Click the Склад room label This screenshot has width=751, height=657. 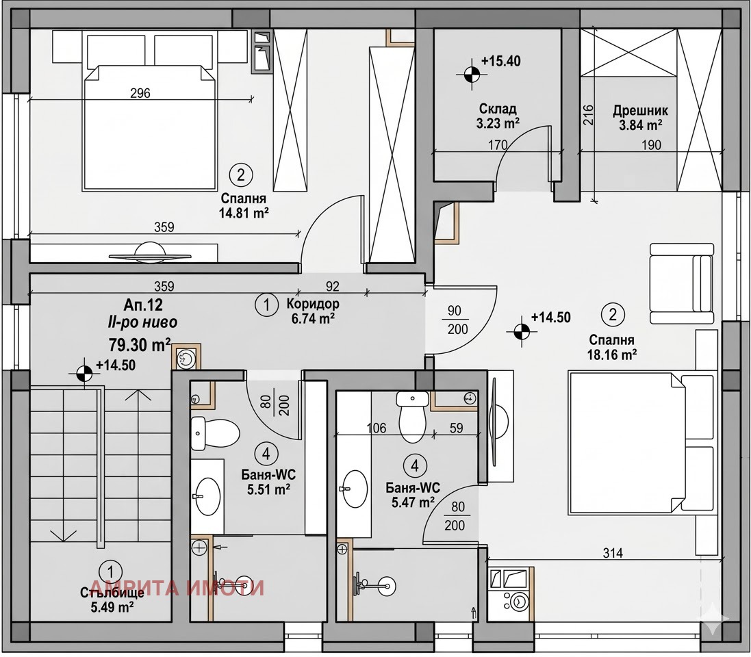498,109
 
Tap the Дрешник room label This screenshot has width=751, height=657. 640,111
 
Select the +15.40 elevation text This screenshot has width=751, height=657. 501,62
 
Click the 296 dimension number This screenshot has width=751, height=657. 140,93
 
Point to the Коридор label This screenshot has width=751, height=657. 313,304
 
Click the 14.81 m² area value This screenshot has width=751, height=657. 244,213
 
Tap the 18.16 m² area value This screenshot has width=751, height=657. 611,355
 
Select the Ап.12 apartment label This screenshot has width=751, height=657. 143,305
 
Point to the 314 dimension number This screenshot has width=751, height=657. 613,553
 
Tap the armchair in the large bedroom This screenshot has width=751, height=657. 682,283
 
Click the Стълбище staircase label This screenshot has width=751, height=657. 112,594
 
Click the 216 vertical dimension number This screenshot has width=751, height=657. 589,116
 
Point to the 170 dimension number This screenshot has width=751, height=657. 498,144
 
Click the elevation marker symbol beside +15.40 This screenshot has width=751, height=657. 472,74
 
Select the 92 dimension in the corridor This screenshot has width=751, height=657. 333,286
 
